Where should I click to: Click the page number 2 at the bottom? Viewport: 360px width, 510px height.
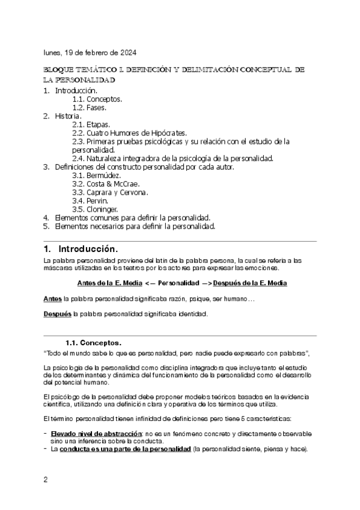pos(46,479)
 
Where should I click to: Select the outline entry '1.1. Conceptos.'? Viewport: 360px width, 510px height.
pos(97,99)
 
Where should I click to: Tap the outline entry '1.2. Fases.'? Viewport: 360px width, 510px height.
pos(89,108)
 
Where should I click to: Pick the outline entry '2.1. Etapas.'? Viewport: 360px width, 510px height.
pos(91,124)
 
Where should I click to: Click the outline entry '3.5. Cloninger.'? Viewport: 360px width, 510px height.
pos(96,209)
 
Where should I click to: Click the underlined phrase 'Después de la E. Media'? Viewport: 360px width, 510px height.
pos(249,283)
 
